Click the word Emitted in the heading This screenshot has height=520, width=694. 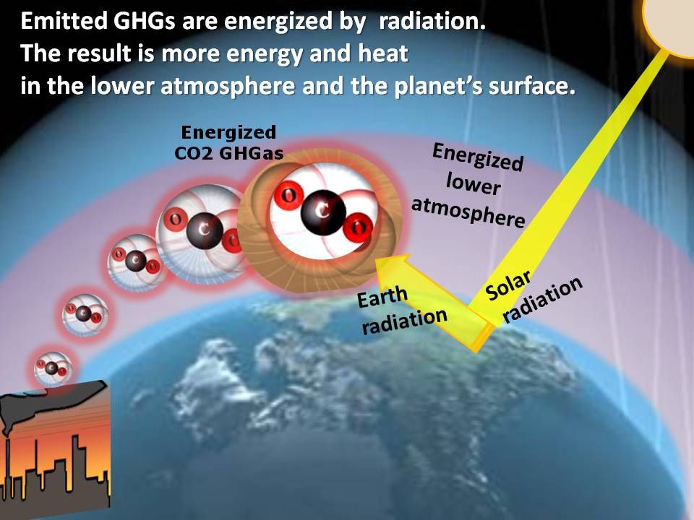coord(64,21)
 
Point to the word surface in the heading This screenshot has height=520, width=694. coord(531,86)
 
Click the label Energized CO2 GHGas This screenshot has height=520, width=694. coord(229,142)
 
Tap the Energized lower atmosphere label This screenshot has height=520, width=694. coord(470,185)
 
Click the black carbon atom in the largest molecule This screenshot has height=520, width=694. coord(323,212)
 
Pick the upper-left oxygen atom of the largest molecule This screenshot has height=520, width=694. coord(288,195)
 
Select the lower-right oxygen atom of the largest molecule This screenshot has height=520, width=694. coord(358,227)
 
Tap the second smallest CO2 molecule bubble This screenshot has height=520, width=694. coord(85,314)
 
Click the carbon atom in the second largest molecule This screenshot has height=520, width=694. coord(205,231)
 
